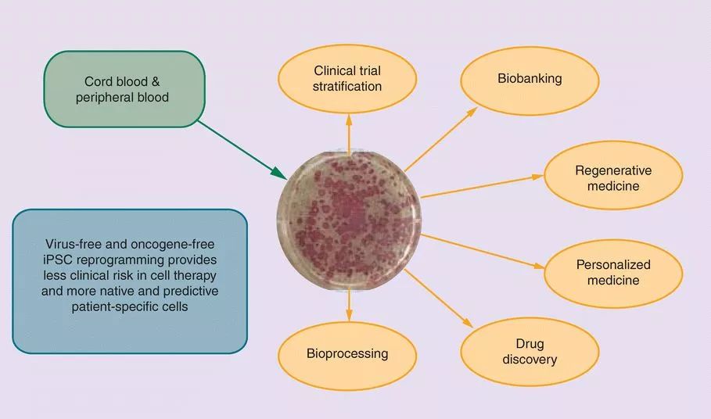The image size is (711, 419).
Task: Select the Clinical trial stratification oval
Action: (347, 79)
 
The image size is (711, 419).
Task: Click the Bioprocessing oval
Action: (347, 353)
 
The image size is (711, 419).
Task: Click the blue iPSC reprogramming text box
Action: (130, 281)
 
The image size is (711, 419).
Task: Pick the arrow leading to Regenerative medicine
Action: (481, 184)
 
